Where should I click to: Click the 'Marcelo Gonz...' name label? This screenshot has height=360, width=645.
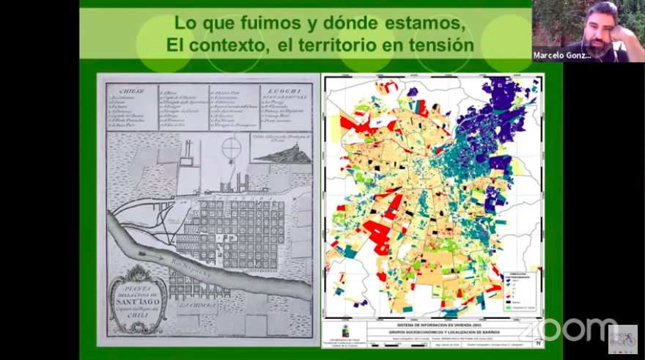(x=561, y=55)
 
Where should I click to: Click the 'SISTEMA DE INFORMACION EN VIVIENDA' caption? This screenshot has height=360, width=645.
(x=434, y=323)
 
